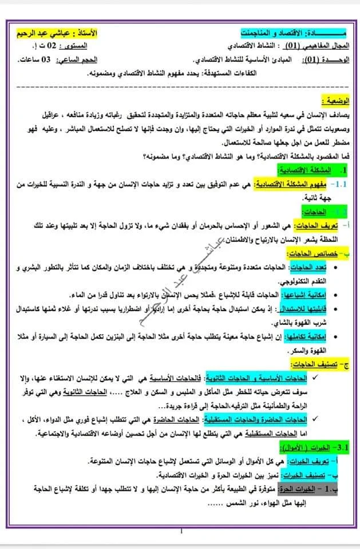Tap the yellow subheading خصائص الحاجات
tap(315, 254)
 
